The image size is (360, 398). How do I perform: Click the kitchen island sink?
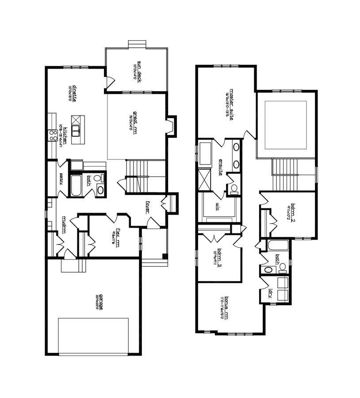[77, 130]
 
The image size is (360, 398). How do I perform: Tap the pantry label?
[61, 179]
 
